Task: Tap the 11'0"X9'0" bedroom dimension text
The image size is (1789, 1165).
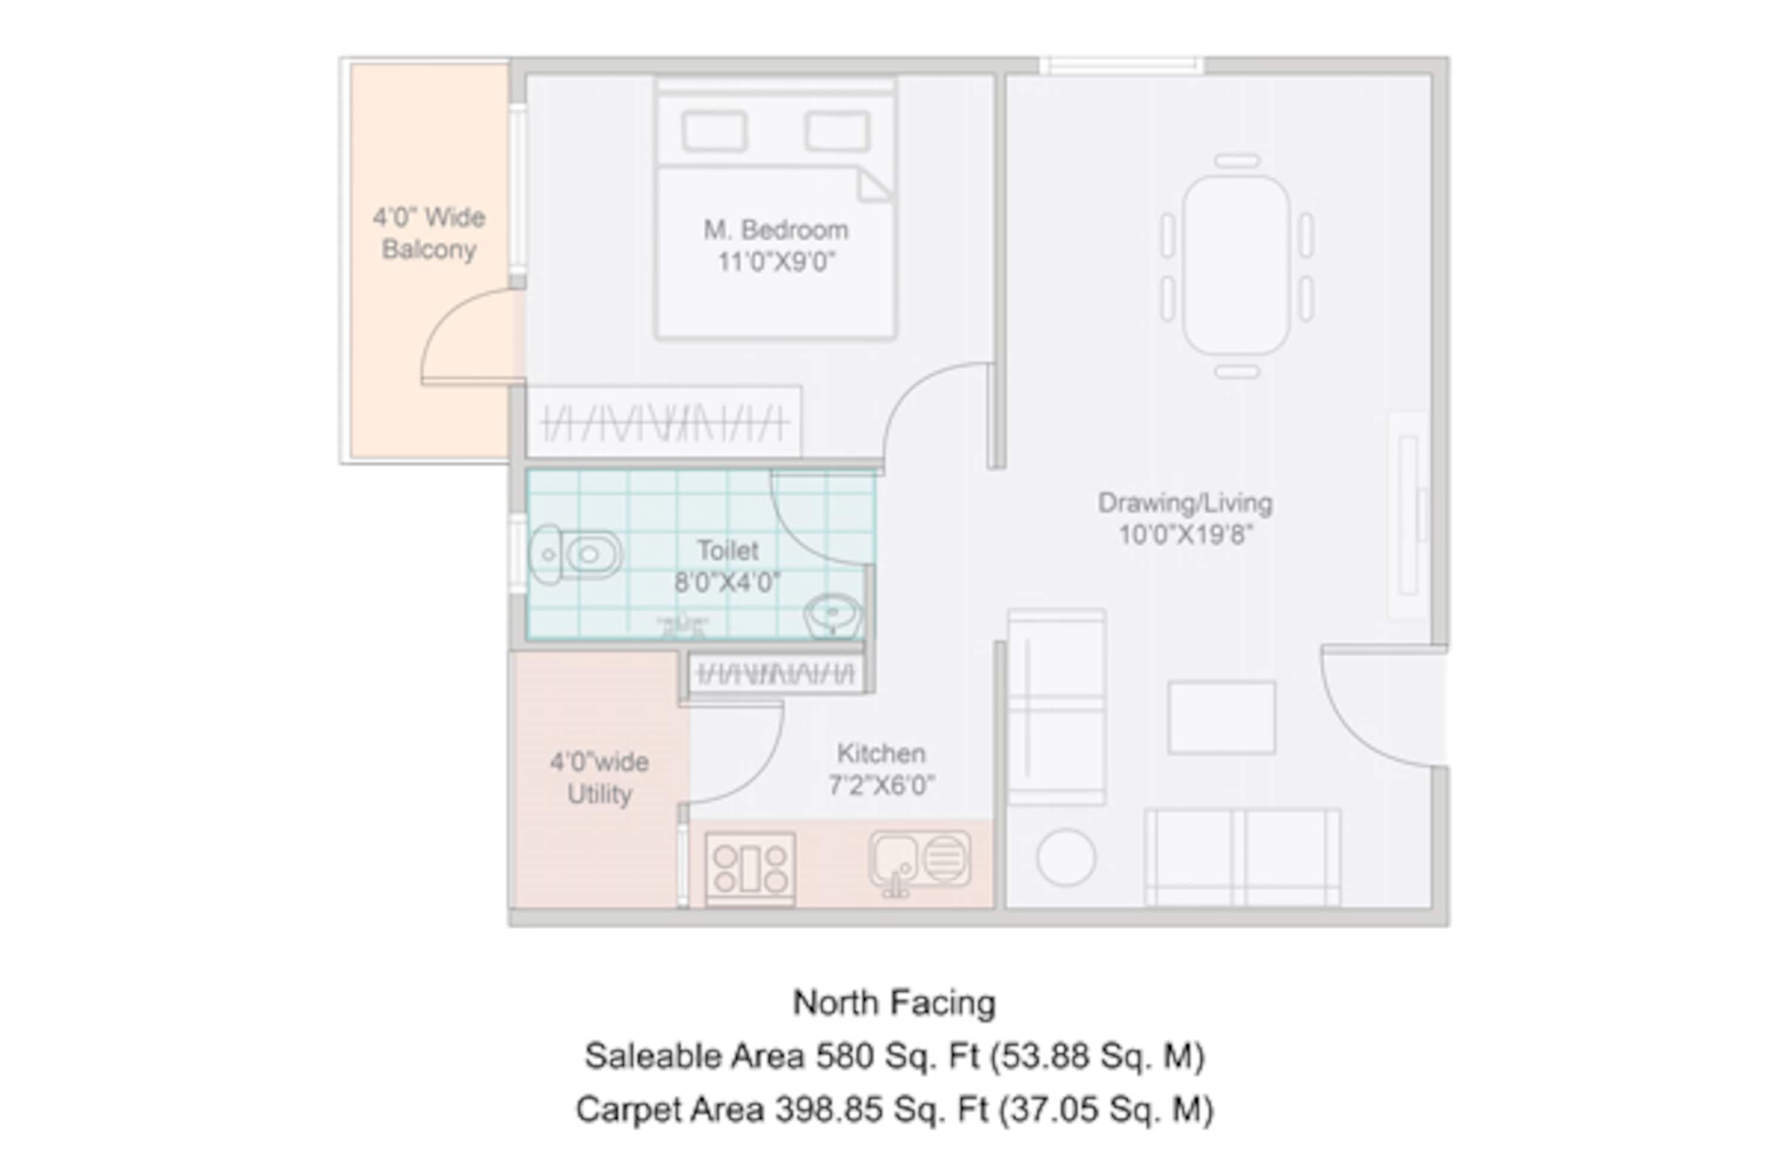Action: click(x=776, y=263)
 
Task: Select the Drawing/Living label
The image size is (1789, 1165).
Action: click(x=1186, y=503)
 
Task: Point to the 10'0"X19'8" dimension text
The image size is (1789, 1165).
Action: click(x=1186, y=535)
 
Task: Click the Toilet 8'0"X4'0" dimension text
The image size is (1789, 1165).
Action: click(x=727, y=582)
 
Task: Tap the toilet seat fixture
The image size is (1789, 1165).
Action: click(x=576, y=555)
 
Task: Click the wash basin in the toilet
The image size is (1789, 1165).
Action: click(x=833, y=615)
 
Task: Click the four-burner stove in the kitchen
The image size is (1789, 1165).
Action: click(x=750, y=868)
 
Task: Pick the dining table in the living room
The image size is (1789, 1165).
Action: click(x=1237, y=265)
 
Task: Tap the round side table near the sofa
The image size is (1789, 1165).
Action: click(x=1065, y=856)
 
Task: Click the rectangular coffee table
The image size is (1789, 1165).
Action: click(x=1221, y=717)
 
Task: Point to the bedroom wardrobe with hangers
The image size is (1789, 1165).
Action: click(x=664, y=422)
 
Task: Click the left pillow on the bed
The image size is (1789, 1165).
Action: click(x=714, y=132)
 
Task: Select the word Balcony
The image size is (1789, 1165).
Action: click(x=428, y=249)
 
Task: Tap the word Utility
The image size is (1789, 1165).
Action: click(x=599, y=795)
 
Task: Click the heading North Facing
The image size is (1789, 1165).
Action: click(x=895, y=1003)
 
